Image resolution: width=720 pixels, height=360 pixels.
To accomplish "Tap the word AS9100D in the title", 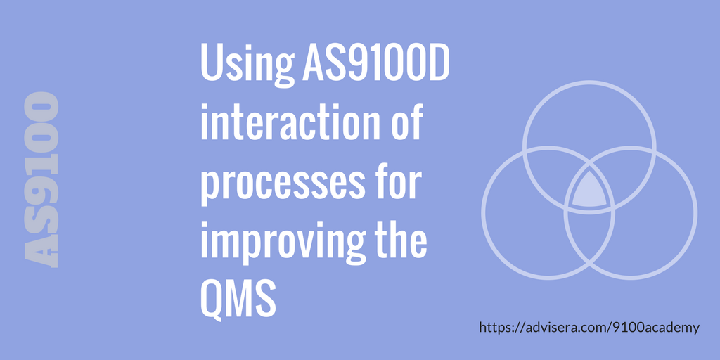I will [375, 65].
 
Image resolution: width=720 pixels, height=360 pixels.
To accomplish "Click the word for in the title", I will [397, 182].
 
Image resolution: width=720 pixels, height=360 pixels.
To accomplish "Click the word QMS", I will [236, 300].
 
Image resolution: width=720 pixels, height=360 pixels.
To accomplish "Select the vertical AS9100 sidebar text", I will [41, 179].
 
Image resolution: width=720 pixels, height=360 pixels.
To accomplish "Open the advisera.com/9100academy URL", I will [590, 328].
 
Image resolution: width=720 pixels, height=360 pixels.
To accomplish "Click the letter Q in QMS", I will [212, 300].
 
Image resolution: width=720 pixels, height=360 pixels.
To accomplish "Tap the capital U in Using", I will [211, 65].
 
